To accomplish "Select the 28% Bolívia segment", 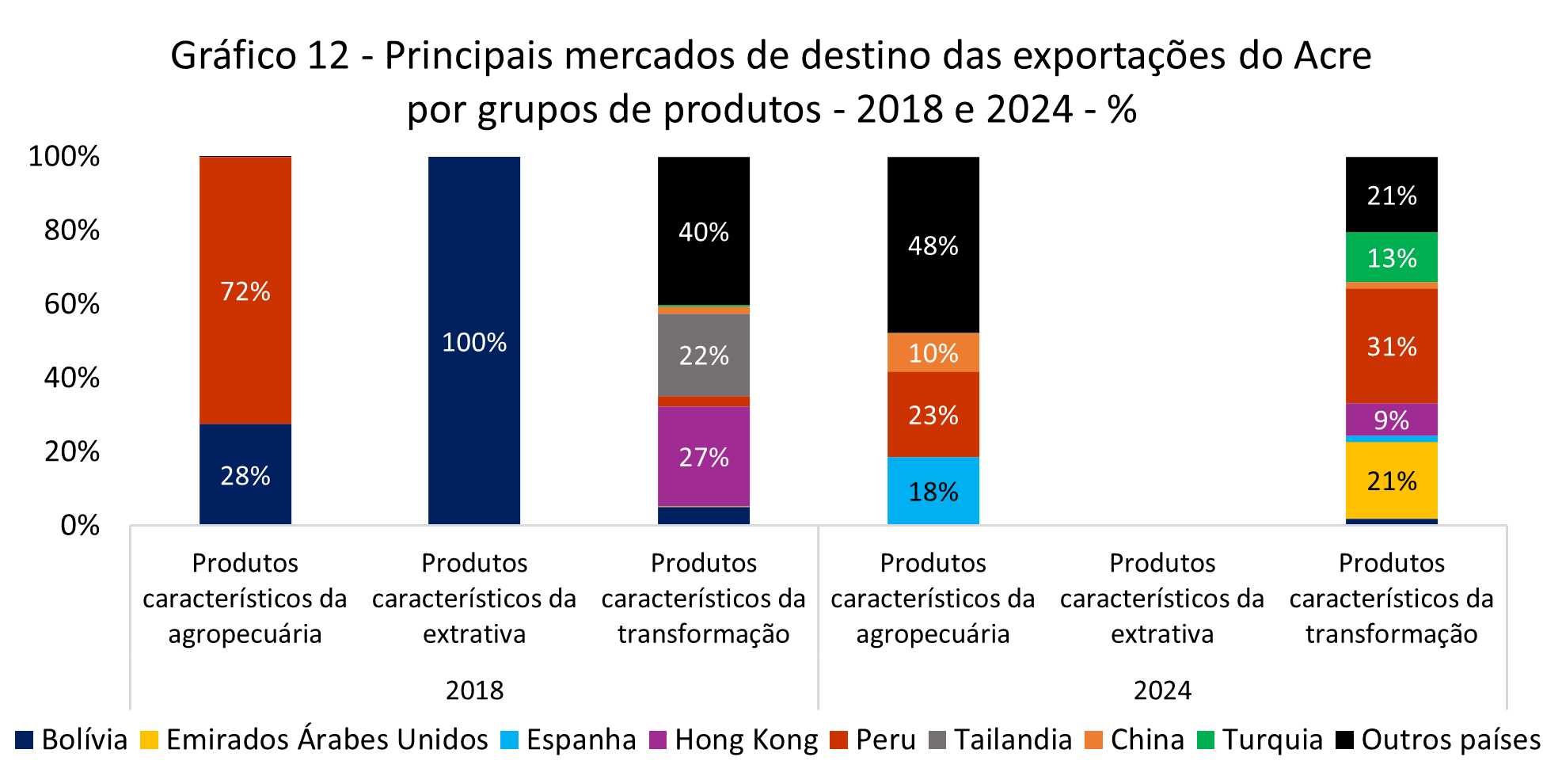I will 245,474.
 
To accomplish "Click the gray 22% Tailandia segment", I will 703,355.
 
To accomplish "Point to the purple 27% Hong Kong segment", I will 703,456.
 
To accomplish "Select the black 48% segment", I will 933,245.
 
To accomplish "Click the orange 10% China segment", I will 933,352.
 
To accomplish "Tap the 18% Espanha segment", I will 933,491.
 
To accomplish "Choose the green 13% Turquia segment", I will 1391,257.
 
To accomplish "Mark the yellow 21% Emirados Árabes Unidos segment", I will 1391,480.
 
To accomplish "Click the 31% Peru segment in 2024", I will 1391,346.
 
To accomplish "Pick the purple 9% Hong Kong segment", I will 1391,420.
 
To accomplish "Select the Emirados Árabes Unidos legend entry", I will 326,740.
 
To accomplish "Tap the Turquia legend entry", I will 1271,740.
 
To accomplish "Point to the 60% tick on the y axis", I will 72,304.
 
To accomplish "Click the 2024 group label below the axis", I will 1161,690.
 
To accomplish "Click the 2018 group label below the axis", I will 473,690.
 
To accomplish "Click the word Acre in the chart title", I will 1332,56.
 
